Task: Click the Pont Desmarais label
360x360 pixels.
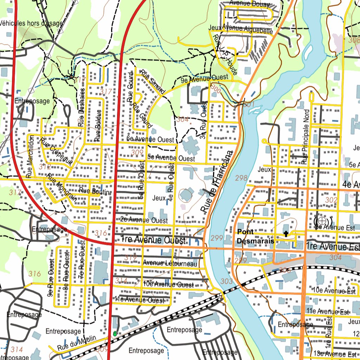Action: (x=255, y=237)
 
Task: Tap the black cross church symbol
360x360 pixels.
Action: (x=287, y=234)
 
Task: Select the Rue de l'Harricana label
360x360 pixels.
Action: (x=217, y=182)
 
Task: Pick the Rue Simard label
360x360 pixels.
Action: (x=152, y=82)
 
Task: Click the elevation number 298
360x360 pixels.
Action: (x=241, y=178)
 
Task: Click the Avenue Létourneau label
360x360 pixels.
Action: (x=170, y=263)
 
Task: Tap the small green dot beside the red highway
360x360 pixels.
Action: (x=115, y=333)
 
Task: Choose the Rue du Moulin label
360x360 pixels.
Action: (x=77, y=343)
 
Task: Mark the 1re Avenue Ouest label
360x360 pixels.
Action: (x=153, y=240)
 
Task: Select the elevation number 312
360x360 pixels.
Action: (x=45, y=166)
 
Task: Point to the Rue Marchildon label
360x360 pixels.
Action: (x=30, y=156)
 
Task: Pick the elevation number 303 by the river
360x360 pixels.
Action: (x=227, y=281)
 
